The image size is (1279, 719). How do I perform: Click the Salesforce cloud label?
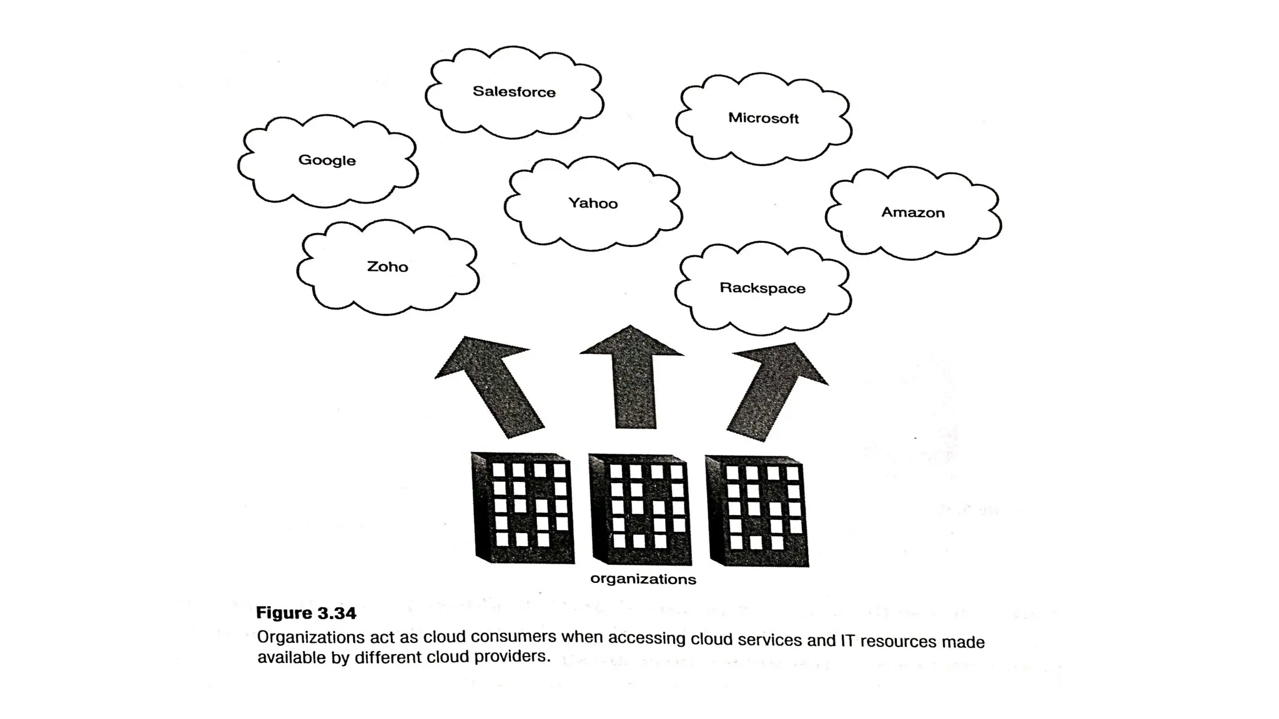point(514,92)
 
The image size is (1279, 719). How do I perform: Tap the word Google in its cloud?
point(327,160)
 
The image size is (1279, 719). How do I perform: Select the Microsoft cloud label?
point(763,118)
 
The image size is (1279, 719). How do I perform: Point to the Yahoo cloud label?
point(593,203)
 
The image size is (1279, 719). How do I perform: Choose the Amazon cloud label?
point(912,213)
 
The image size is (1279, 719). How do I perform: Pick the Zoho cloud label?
point(387,267)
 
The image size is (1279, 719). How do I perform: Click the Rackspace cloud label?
point(762,288)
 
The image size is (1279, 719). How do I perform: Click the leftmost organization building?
point(523,508)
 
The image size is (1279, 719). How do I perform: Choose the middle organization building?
point(640,510)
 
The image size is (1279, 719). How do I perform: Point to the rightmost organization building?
point(757,511)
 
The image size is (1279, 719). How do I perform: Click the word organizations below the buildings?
point(643,579)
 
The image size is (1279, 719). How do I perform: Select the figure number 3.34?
point(336,614)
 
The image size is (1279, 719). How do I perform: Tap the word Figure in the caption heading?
point(284,613)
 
